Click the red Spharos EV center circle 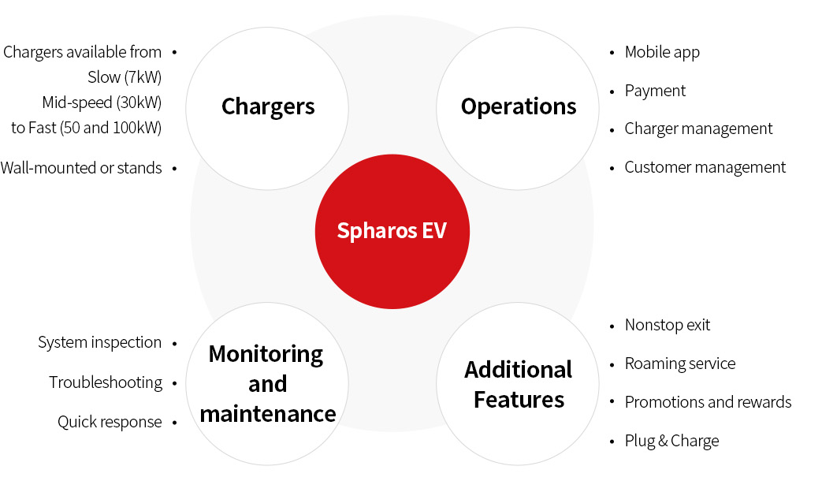point(392,231)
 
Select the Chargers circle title point(268,107)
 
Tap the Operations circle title point(519,106)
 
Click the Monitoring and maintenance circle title point(267,384)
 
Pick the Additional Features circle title point(519,385)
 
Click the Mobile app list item point(662,53)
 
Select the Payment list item point(655,91)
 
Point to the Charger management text point(698,129)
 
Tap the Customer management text point(705,168)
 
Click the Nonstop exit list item point(668,325)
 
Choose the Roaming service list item point(680,364)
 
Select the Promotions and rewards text point(709,402)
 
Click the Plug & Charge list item point(671,441)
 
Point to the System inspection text point(99,342)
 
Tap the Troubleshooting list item point(106,383)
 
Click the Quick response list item point(110,422)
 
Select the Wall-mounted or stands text point(81,168)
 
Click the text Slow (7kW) point(125,77)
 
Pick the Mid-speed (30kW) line point(102,103)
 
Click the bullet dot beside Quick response point(175,422)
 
